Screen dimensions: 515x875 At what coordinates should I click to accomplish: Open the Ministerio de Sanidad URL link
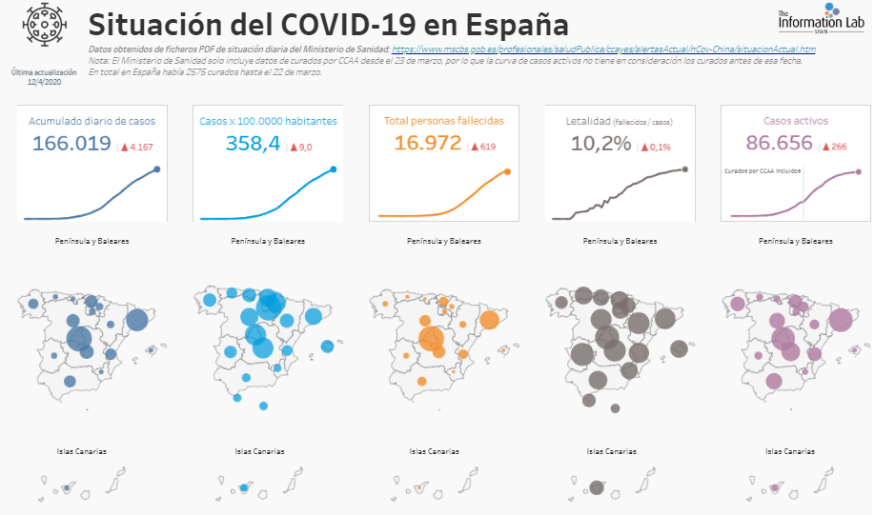pos(604,49)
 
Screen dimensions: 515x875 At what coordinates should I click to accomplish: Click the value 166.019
pos(71,144)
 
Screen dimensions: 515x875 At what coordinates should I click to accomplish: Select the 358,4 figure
pos(253,144)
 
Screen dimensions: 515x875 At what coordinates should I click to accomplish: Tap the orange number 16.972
pos(427,144)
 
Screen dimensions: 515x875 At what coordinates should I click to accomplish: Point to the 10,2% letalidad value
pos(600,144)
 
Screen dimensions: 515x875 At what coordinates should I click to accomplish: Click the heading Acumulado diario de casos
pos(92,121)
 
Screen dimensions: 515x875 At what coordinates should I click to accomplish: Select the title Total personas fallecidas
pos(443,121)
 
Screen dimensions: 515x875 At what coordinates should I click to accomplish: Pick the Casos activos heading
pos(796,121)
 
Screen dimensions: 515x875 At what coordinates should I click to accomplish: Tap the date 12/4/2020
pos(44,83)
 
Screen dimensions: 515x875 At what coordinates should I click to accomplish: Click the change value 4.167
pos(140,148)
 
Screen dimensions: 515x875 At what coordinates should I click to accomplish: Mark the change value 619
pos(488,148)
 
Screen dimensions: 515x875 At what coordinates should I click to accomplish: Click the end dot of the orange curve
pos(507,171)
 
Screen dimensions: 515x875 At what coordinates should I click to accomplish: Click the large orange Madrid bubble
pos(431,339)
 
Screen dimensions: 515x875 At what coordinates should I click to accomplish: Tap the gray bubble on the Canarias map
pos(596,487)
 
